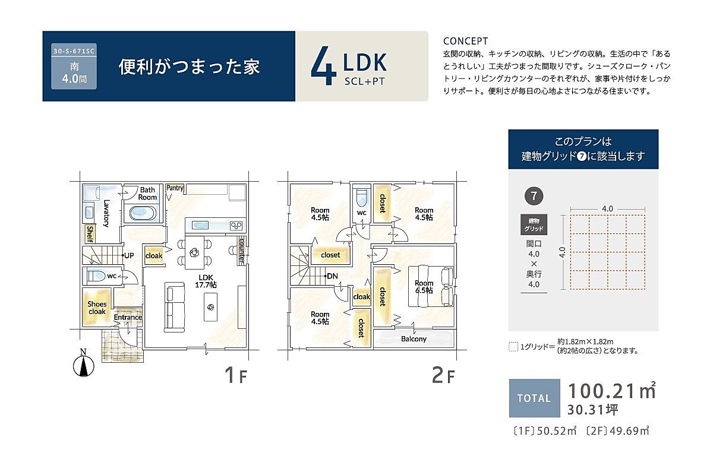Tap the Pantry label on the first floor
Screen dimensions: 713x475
175,188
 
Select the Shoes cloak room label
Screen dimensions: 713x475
97,308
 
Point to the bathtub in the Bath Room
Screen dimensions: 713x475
143,213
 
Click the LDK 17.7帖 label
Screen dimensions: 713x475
206,281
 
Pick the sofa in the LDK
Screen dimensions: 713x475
175,308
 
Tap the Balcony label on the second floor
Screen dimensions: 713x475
414,339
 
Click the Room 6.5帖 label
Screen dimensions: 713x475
424,286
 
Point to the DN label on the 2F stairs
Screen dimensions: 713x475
332,276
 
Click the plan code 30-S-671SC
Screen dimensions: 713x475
74,51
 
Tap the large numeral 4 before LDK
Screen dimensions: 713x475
323,66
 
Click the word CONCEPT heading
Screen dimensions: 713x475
465,41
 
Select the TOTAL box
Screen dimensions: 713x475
534,398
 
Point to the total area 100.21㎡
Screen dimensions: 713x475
611,390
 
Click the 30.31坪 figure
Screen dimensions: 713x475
592,410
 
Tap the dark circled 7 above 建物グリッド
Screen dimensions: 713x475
534,196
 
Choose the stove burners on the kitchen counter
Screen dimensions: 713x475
236,226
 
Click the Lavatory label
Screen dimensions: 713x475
106,213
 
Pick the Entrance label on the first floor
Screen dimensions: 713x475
128,317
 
